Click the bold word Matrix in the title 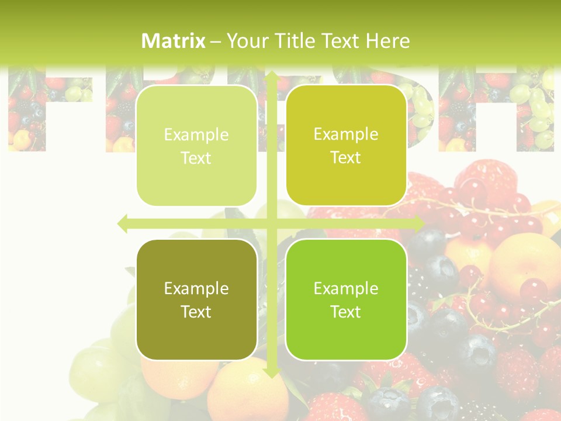click(x=174, y=41)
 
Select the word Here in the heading click(x=387, y=41)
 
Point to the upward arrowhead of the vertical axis click(x=271, y=76)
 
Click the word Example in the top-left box click(x=196, y=135)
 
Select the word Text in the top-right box click(x=346, y=158)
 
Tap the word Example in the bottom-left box click(x=196, y=289)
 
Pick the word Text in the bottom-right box click(x=346, y=312)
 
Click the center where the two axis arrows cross click(x=271, y=223)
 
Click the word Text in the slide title click(x=338, y=41)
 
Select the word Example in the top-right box click(x=346, y=135)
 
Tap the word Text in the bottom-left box click(x=196, y=312)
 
